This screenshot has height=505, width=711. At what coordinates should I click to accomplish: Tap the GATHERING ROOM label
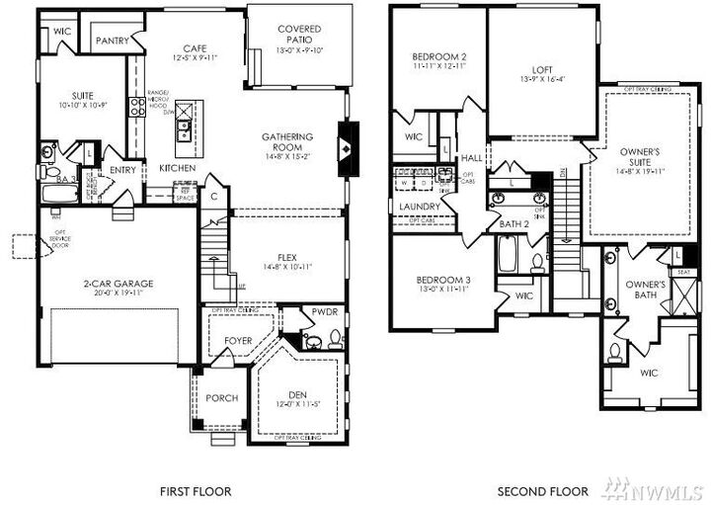pyautogui.click(x=287, y=142)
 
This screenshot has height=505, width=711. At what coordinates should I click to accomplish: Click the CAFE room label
pyautogui.click(x=194, y=48)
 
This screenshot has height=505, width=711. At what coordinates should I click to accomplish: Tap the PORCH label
pyautogui.click(x=220, y=398)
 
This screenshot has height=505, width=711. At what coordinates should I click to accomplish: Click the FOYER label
pyautogui.click(x=238, y=341)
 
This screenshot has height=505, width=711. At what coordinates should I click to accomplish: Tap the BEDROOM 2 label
pyautogui.click(x=438, y=57)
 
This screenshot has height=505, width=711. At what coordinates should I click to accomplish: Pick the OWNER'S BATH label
pyautogui.click(x=646, y=290)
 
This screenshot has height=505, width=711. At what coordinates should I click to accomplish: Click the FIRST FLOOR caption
pyautogui.click(x=196, y=490)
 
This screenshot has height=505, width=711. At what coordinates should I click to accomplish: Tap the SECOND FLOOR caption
pyautogui.click(x=542, y=490)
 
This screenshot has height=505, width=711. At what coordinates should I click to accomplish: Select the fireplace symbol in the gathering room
pyautogui.click(x=346, y=146)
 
